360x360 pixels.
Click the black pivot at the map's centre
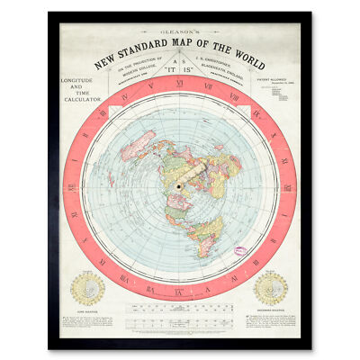pyautogui.click(x=179, y=186)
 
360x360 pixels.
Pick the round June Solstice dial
pyautogui.click(x=88, y=289)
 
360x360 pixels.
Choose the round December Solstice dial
pyautogui.click(x=270, y=289)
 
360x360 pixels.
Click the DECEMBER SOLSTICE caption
pyautogui.click(x=270, y=310)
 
